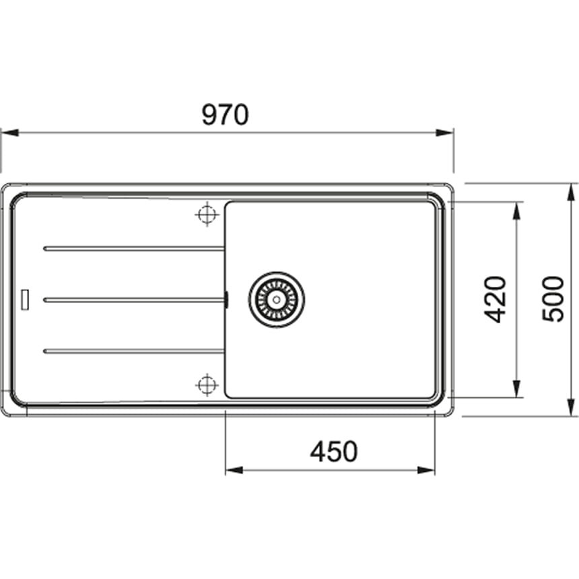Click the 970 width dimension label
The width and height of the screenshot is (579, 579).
point(226,114)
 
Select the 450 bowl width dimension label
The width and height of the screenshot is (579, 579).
point(334,452)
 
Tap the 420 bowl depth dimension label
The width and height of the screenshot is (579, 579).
point(495,300)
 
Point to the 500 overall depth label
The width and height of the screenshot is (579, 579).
point(553,299)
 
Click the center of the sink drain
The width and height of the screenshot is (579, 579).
point(277,300)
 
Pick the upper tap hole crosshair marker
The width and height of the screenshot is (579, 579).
point(207,214)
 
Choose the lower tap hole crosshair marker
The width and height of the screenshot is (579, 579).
point(207,385)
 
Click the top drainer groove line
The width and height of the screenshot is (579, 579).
point(134,249)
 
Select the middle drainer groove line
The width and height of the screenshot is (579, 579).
point(134,300)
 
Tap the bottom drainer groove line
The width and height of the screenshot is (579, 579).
point(134,351)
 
